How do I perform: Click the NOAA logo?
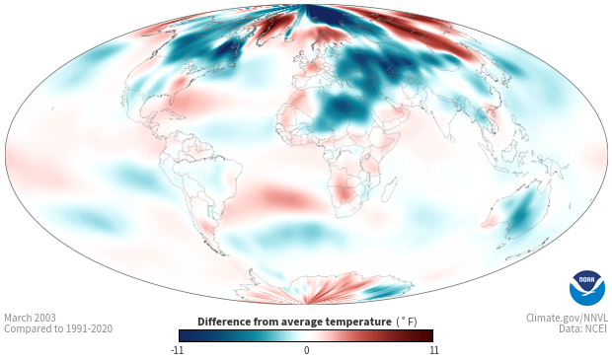(587, 287)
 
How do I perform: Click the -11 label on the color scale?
(177, 350)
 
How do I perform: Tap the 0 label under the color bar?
(306, 350)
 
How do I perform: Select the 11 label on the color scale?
(433, 350)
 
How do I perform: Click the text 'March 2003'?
(30, 318)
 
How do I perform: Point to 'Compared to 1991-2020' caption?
(58, 328)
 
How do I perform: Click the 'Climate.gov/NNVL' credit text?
(567, 318)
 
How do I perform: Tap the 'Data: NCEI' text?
(583, 328)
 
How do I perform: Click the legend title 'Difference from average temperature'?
(294, 322)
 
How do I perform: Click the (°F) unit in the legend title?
(407, 322)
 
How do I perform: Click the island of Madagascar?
(389, 189)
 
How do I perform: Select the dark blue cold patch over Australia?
(521, 213)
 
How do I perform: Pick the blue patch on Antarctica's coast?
(384, 291)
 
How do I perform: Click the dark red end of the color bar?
(428, 335)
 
